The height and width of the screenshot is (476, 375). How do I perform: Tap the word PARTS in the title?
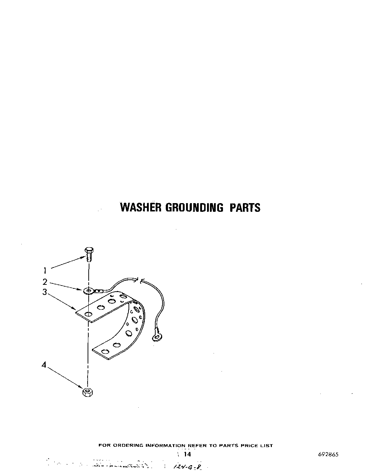245,207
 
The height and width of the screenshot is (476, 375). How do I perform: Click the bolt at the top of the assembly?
89,254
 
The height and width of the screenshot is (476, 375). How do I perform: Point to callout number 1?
45,270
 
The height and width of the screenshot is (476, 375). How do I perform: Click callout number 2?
45,282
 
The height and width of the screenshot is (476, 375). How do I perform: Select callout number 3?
45,292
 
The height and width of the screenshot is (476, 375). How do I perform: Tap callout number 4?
44,365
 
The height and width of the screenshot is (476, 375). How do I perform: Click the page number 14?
187,454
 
